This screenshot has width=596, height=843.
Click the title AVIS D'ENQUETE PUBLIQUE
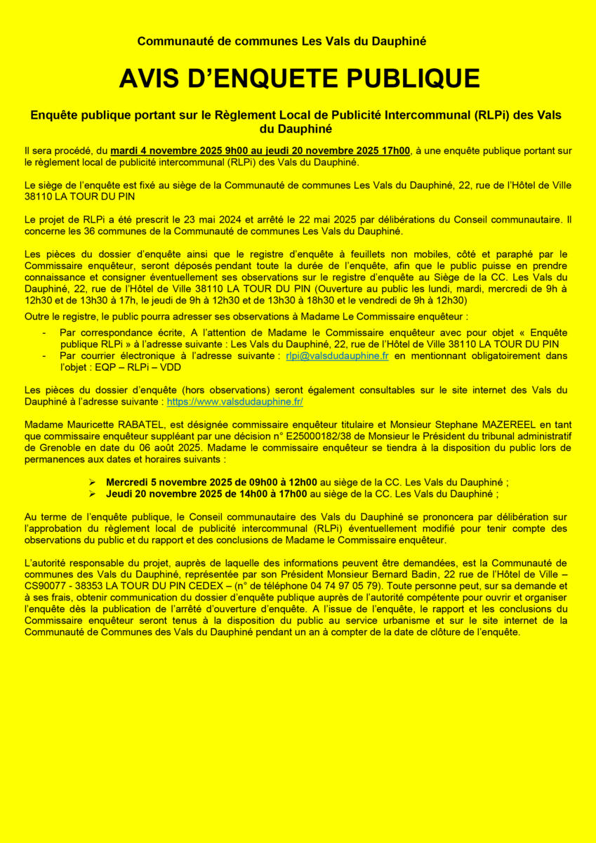(x=299, y=79)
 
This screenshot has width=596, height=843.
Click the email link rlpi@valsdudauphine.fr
(x=337, y=356)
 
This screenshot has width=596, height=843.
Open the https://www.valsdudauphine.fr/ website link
(x=234, y=403)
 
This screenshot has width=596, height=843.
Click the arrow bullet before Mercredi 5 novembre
(x=92, y=483)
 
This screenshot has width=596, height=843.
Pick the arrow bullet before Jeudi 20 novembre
(x=92, y=494)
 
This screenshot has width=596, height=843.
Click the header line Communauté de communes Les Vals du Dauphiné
(x=282, y=41)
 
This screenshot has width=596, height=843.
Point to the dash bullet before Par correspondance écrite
(x=45, y=332)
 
